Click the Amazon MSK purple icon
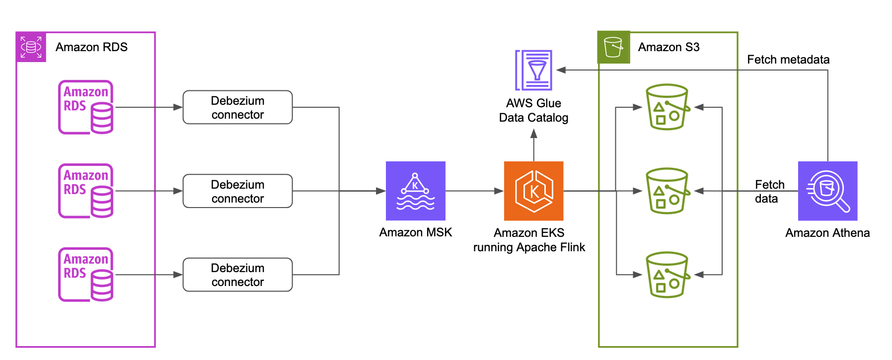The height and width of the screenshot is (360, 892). pyautogui.click(x=415, y=191)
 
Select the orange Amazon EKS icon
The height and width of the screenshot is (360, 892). pyautogui.click(x=533, y=191)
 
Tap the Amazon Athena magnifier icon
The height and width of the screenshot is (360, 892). pyautogui.click(x=827, y=191)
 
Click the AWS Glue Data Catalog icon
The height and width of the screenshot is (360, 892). pyautogui.click(x=533, y=70)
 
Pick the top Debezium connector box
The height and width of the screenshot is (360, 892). pyautogui.click(x=237, y=107)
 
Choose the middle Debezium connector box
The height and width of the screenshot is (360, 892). pyautogui.click(x=237, y=191)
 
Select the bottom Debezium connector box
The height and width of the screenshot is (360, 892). pyautogui.click(x=237, y=275)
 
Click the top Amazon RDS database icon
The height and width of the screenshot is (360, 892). pyautogui.click(x=86, y=107)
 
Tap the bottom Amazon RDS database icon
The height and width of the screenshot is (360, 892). pyautogui.click(x=86, y=275)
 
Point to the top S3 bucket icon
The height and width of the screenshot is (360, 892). pyautogui.click(x=667, y=107)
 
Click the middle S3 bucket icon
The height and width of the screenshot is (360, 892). pyautogui.click(x=667, y=191)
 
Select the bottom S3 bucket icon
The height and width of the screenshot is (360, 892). pyautogui.click(x=667, y=275)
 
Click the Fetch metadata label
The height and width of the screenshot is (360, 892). pyautogui.click(x=788, y=60)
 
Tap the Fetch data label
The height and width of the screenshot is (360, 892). pyautogui.click(x=769, y=192)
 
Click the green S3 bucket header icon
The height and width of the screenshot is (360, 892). pyautogui.click(x=613, y=47)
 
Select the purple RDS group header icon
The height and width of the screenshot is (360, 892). pyautogui.click(x=31, y=47)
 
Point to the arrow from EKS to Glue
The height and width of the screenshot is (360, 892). pyautogui.click(x=533, y=145)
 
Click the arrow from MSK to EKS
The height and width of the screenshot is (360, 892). pyautogui.click(x=474, y=191)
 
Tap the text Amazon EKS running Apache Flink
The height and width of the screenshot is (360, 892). pyautogui.click(x=529, y=240)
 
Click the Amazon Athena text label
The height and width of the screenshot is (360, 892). pyautogui.click(x=827, y=233)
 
